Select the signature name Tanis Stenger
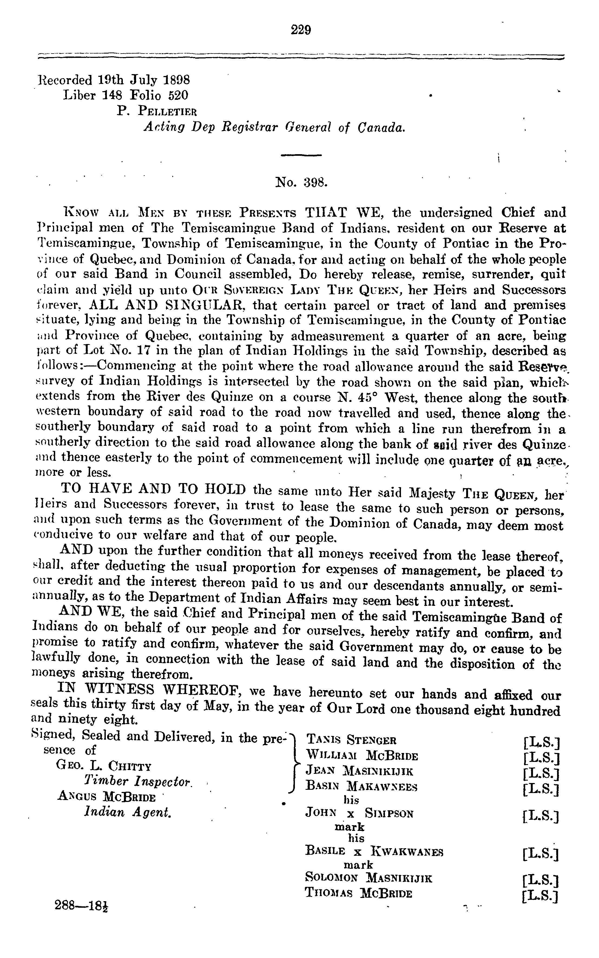(x=351, y=739)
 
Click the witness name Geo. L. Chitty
(x=104, y=765)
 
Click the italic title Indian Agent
(x=128, y=812)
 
